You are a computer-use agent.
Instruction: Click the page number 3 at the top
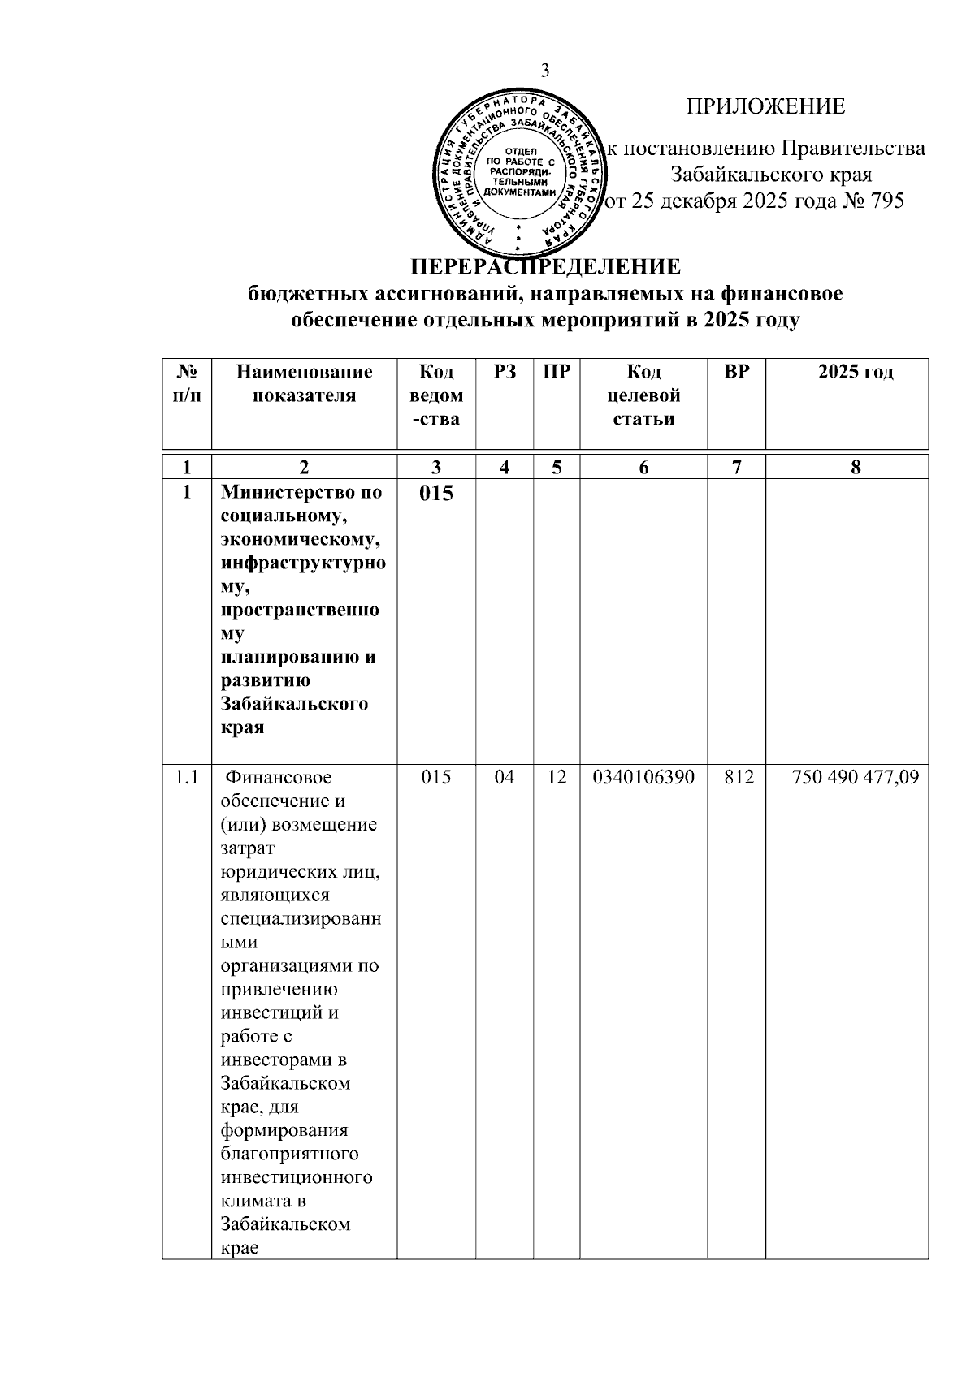tap(545, 71)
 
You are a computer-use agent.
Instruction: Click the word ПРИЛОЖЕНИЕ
tap(765, 106)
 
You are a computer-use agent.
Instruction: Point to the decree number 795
tap(886, 201)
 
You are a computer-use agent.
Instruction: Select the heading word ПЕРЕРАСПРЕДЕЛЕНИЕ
tap(545, 267)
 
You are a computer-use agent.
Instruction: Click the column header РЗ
tap(505, 372)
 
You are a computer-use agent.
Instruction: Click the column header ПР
tap(557, 372)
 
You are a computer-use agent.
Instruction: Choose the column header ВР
tap(736, 372)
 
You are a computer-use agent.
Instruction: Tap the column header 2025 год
tap(856, 372)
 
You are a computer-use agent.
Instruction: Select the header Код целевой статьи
tap(643, 395)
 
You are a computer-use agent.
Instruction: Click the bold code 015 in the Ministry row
tap(436, 493)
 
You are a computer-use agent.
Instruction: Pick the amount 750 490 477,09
tap(856, 777)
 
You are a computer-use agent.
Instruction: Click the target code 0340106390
tap(643, 777)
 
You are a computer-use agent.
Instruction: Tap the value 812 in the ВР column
tap(736, 777)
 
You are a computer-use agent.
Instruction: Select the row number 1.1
tap(187, 777)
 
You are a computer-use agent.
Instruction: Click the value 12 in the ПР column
tap(557, 777)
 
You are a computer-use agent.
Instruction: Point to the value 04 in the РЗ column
tap(505, 777)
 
